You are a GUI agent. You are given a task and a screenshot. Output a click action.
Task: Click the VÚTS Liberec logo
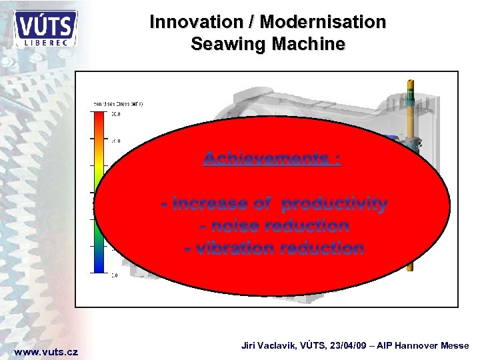[x=45, y=28]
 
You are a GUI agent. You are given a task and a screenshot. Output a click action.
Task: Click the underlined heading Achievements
[x=271, y=159]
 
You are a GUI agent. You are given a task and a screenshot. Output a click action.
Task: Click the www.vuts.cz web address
[x=46, y=351]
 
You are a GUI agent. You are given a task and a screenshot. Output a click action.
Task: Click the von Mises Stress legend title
[x=118, y=104]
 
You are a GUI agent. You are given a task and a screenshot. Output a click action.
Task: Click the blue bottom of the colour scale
[x=99, y=268]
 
